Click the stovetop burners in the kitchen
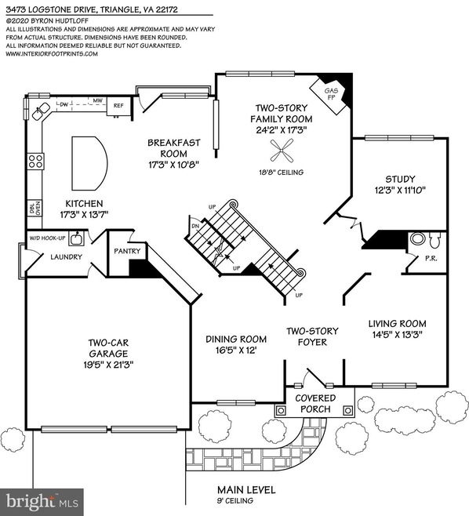coord(35,162)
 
